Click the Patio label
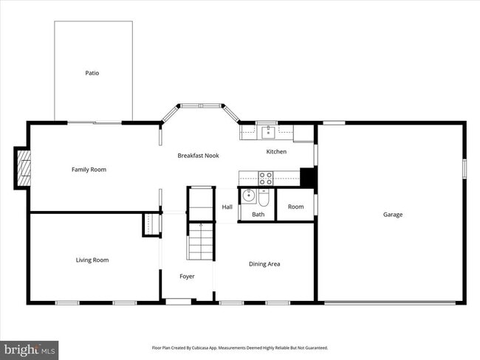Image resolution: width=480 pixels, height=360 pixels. click(92, 73)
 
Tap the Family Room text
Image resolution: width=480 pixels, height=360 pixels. click(89, 170)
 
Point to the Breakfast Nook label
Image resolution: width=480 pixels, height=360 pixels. click(198, 156)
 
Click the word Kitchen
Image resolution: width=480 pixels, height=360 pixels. click(276, 152)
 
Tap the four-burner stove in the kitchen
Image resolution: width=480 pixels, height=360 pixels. click(265, 177)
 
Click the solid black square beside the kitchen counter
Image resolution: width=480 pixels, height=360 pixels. click(308, 178)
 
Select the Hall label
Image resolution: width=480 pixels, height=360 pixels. click(227, 207)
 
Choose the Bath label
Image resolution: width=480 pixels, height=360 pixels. click(258, 215)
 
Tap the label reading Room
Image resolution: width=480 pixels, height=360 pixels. click(295, 207)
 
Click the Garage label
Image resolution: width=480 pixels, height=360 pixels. click(392, 215)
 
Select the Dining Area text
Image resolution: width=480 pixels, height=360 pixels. click(264, 264)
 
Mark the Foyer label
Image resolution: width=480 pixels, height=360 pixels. click(187, 277)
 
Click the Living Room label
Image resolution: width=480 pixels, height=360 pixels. click(92, 260)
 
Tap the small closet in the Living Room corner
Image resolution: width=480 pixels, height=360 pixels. click(151, 224)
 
